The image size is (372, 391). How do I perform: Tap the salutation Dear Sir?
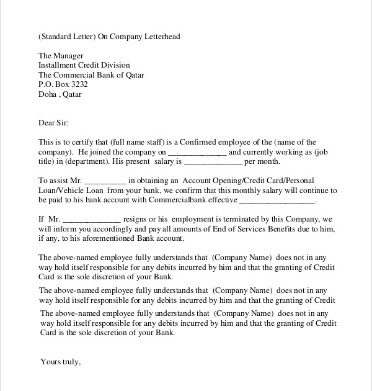(x=53, y=123)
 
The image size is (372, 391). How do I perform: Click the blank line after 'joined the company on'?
(x=197, y=153)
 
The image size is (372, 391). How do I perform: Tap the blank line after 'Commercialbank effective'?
(x=277, y=201)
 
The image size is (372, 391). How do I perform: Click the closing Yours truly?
(x=60, y=361)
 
